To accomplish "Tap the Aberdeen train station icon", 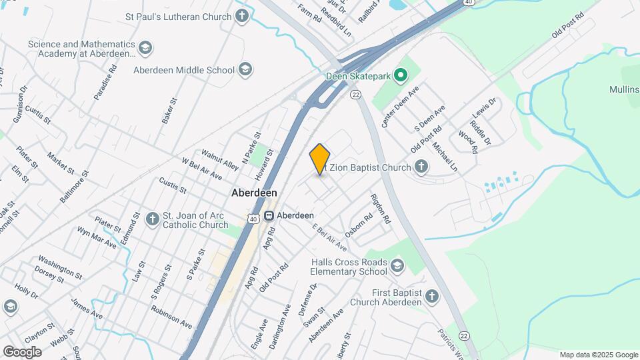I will pos(269,216).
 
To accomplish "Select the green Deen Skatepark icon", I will pos(400,76).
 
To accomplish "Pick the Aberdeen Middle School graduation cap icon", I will pos(246,70).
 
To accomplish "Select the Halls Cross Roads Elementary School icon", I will pos(398,267).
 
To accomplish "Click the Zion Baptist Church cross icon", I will pos(421,167).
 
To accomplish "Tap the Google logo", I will pos(22,351).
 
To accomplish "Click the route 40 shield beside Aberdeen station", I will pos(252,218).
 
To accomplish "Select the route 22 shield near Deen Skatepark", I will pos(357,95).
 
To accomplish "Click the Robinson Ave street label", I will pos(172,317).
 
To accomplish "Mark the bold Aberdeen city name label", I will pos(254,193).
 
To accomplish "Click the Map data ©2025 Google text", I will pos(598,355).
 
